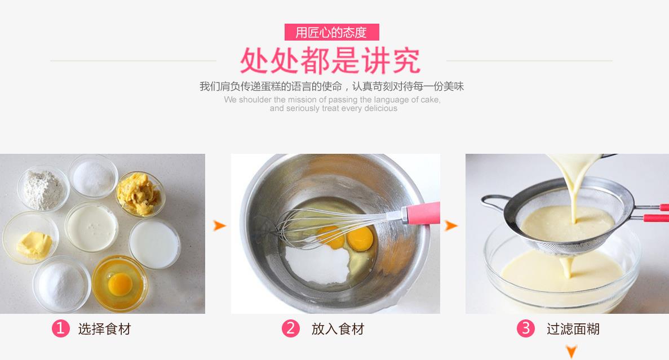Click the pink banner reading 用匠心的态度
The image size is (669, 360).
click(x=331, y=32)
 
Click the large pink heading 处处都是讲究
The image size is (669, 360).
click(x=330, y=61)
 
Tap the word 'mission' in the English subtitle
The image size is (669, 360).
click(x=303, y=100)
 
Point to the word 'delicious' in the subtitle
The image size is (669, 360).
click(x=380, y=108)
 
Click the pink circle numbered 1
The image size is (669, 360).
click(x=60, y=328)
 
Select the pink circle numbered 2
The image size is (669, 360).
click(x=291, y=328)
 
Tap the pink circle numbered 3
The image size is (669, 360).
click(x=526, y=328)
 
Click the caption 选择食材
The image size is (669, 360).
click(x=104, y=329)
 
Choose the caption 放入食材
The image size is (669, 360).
click(x=338, y=329)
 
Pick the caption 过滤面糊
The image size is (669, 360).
click(x=573, y=329)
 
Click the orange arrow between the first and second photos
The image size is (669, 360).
click(x=219, y=225)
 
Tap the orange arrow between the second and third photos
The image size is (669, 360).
click(x=451, y=225)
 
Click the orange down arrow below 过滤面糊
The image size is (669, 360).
click(x=571, y=352)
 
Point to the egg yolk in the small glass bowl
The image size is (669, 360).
click(x=120, y=284)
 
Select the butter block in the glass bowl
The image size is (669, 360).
click(x=34, y=245)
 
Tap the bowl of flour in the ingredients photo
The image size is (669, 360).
click(x=43, y=188)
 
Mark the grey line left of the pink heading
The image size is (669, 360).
click(x=133, y=61)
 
